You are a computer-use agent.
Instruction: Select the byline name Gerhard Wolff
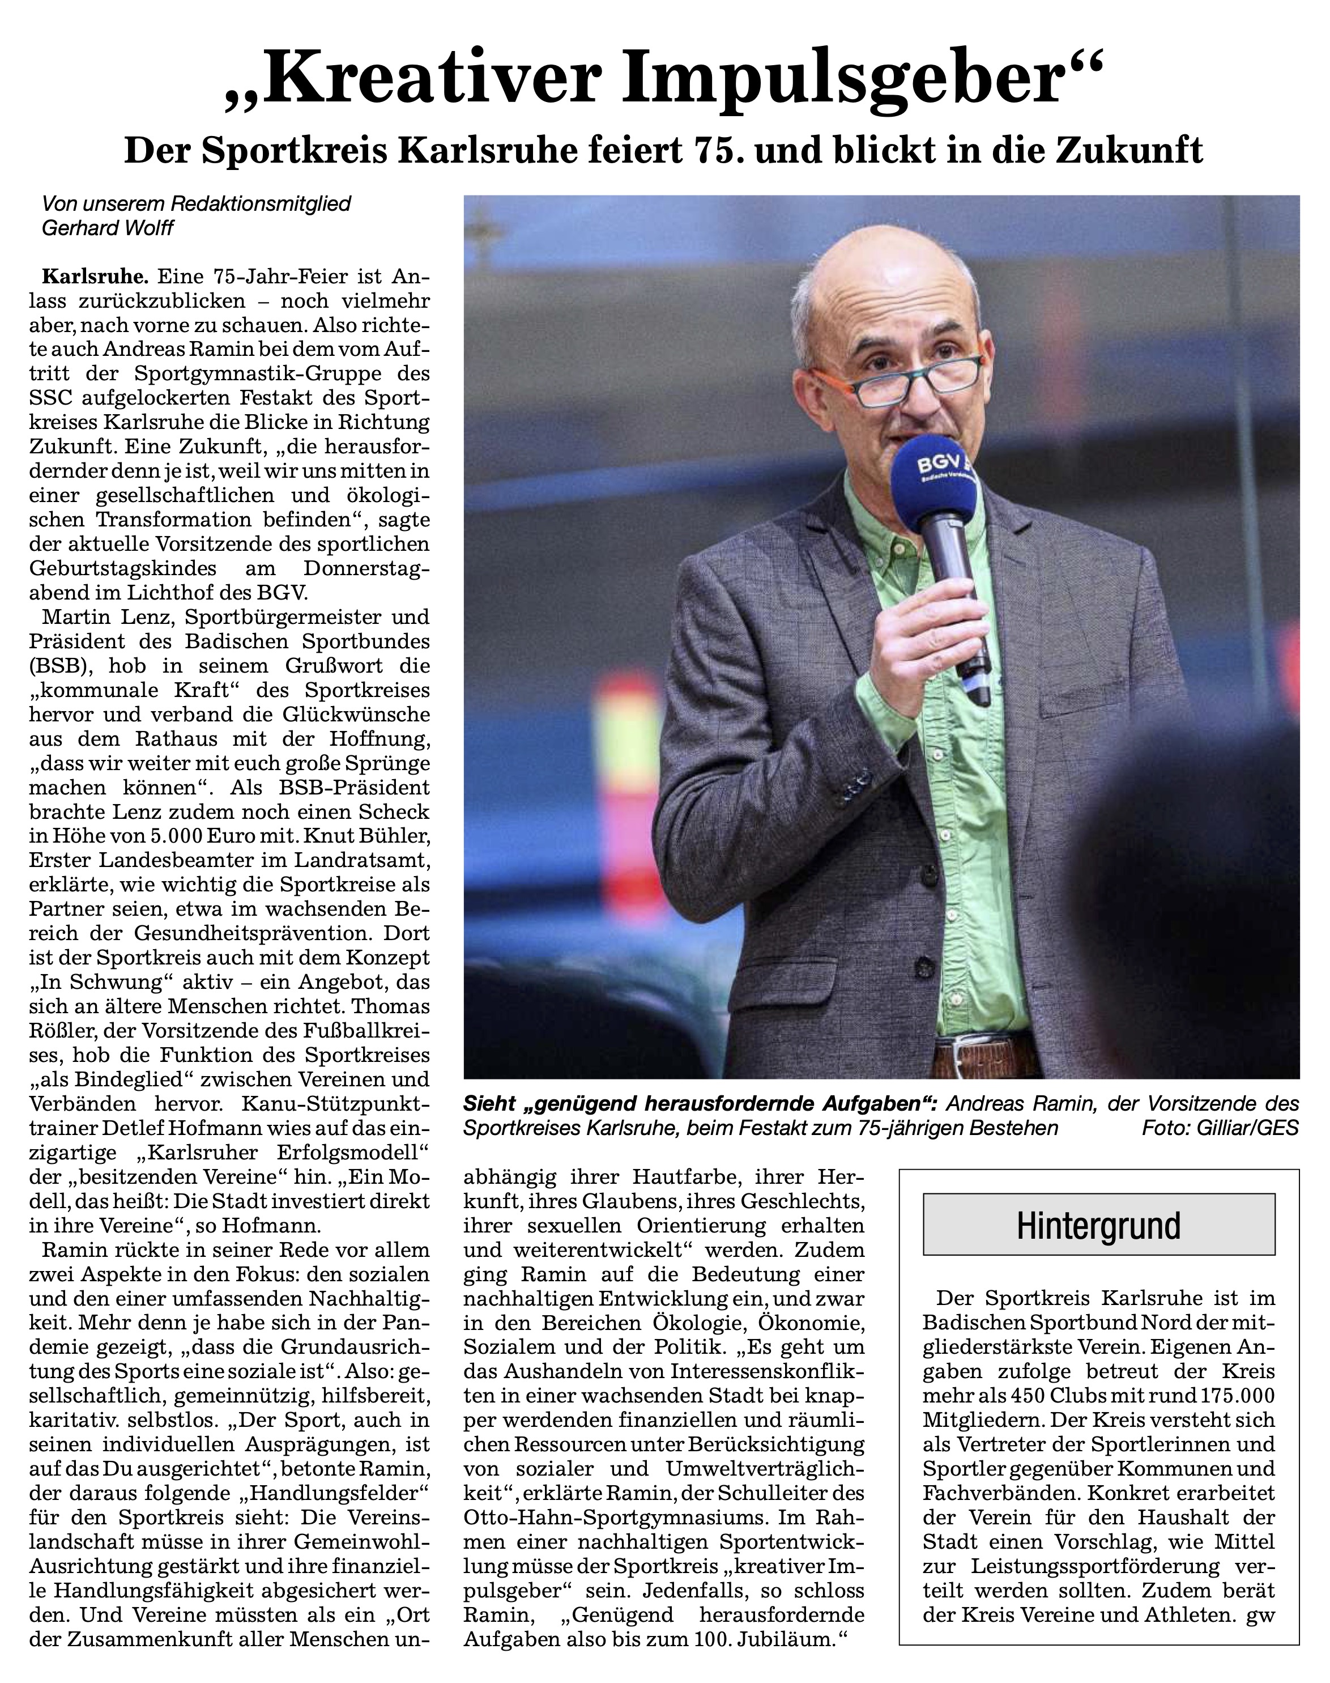108,229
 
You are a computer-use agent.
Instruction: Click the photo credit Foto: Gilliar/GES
1220,1128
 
